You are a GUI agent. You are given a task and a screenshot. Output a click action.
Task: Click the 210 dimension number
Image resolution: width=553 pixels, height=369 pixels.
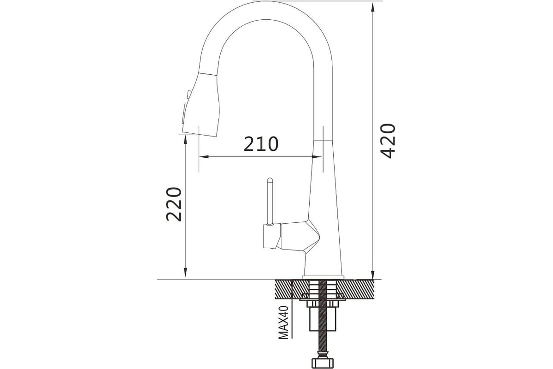[261, 144]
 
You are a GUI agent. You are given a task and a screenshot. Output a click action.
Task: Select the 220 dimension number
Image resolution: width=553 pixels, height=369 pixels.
[174, 204]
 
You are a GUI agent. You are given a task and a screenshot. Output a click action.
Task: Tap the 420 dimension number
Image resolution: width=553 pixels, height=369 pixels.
[388, 141]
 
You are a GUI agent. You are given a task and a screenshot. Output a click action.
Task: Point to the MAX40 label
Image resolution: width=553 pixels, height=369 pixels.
[283, 322]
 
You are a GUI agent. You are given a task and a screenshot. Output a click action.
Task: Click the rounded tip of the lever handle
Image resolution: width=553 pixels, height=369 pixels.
[270, 180]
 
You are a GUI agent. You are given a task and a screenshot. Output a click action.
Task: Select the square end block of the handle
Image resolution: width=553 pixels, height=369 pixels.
[272, 236]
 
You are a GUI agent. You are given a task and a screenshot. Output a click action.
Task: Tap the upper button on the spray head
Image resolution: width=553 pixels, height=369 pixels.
[189, 95]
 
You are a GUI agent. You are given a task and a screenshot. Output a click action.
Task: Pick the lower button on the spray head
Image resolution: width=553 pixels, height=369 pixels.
[185, 113]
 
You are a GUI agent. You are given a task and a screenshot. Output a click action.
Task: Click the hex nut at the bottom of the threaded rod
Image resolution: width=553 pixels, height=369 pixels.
[323, 363]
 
